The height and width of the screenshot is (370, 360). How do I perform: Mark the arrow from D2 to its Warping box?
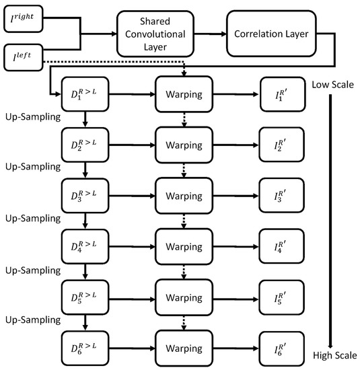131,141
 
